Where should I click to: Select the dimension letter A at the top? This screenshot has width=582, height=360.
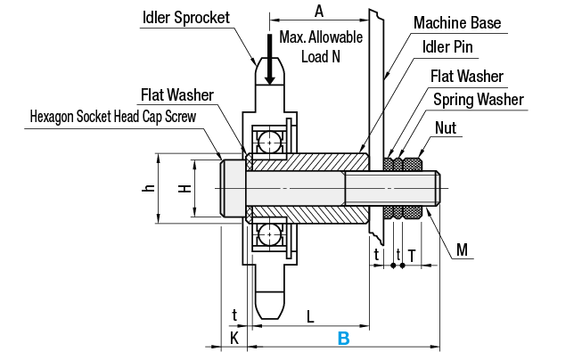coord(318,11)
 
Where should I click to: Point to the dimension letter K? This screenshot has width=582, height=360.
coord(234,338)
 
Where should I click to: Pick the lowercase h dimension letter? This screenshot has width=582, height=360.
coord(150,188)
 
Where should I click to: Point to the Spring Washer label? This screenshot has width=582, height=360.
coord(479,99)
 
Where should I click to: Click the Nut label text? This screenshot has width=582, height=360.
coord(445,128)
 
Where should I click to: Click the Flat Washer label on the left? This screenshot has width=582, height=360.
coord(182,94)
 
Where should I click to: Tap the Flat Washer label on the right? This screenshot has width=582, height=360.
coord(466,76)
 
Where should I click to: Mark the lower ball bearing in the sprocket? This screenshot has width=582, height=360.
coord(268,235)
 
